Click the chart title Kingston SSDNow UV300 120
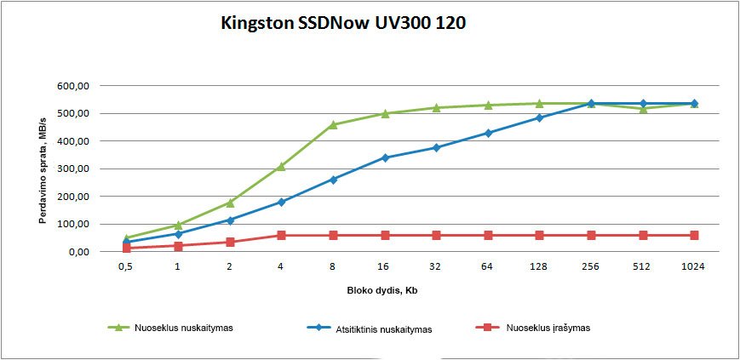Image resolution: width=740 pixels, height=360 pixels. pos(343,23)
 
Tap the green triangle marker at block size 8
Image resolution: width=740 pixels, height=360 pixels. pos(333,124)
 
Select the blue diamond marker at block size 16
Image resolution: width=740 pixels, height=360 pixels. pos(385,157)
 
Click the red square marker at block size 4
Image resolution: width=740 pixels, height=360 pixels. pos(281,235)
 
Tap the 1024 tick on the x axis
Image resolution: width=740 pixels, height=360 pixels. pos(694,266)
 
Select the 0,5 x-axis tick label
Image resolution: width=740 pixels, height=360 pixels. pos(127,266)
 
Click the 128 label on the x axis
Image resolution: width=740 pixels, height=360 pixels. pos(539,266)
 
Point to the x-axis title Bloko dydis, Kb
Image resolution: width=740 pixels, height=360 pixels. pos(382,290)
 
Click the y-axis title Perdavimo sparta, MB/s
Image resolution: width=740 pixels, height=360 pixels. pos(42,169)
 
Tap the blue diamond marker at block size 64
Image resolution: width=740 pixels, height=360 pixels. pos(488,133)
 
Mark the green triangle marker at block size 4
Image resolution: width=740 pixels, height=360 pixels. pos(281,166)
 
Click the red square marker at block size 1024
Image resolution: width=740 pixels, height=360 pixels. pos(694,235)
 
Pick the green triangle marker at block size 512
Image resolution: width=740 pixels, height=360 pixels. pos(642,108)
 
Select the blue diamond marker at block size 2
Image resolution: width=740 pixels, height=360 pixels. pos(230,220)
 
